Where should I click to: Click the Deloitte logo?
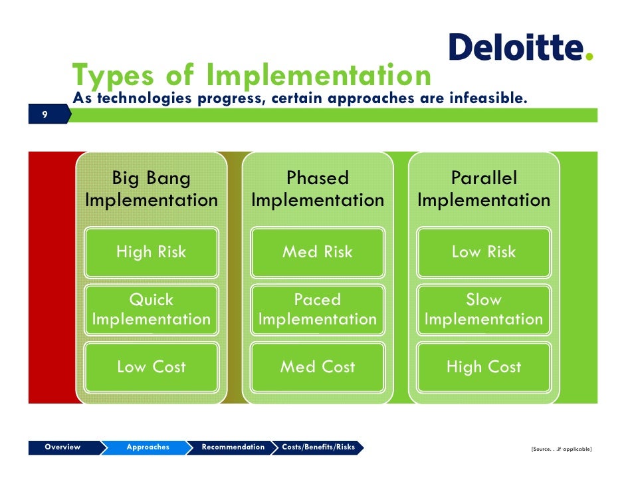[x=520, y=48]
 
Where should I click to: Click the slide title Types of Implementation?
[x=252, y=76]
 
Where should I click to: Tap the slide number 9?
[x=45, y=115]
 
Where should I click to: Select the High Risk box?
[x=152, y=252]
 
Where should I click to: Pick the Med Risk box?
[x=318, y=252]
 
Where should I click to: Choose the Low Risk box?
[x=484, y=252]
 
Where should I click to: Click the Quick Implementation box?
[x=152, y=310]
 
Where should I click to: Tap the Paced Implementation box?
[x=318, y=310]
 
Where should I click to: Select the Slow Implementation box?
[x=484, y=310]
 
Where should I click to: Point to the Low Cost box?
[x=152, y=367]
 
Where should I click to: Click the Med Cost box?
[x=318, y=367]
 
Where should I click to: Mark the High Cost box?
[x=484, y=367]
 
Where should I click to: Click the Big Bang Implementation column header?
[x=152, y=189]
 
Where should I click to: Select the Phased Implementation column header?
[x=318, y=189]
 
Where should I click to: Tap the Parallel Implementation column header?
[x=484, y=189]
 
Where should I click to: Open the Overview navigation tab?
[x=62, y=447]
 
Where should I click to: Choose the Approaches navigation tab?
[x=148, y=447]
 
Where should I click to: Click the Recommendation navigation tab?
[x=233, y=447]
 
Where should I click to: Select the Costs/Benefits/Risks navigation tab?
[x=318, y=447]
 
